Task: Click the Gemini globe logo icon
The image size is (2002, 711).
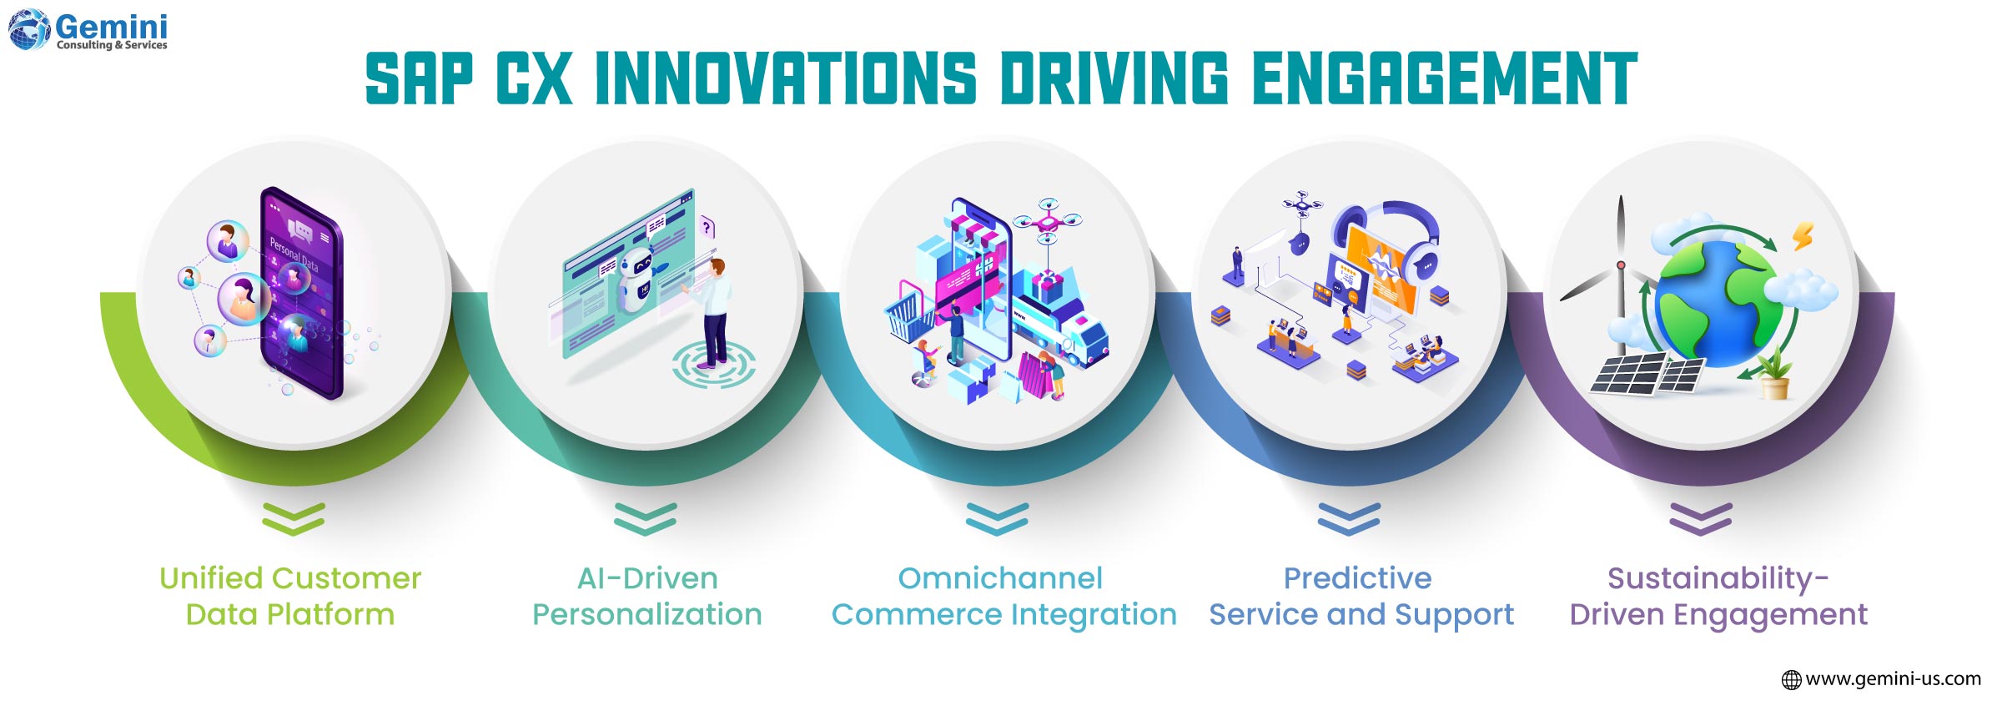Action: coord(29,29)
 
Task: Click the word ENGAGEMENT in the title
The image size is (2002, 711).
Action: coord(1444,79)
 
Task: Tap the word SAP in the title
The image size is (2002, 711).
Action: coord(419,79)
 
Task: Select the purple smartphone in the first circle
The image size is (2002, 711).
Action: coord(302,292)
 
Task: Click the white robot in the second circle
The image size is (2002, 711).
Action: coord(640,280)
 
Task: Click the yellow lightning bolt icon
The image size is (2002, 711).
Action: coord(1803,236)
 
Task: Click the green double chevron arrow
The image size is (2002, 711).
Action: coord(293,518)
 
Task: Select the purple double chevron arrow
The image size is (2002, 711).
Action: coord(1701,518)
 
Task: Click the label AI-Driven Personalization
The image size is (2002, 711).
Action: coord(647,596)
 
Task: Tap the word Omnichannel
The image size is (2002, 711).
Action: coord(1000,578)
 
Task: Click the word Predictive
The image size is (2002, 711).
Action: coord(1357,578)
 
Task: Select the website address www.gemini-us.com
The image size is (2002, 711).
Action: coord(1892,679)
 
